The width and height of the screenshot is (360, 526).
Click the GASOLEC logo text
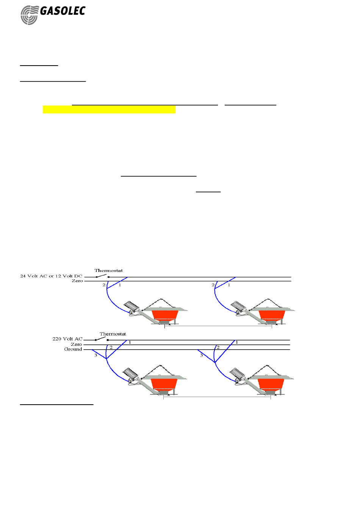(x=63, y=11)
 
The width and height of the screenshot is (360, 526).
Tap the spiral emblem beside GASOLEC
(x=29, y=16)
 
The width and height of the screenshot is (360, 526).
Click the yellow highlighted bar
(x=109, y=110)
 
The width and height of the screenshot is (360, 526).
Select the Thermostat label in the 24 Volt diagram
(x=109, y=270)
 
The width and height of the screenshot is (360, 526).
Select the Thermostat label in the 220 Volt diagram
(x=113, y=334)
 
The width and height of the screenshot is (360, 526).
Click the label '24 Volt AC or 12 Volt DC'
(x=51, y=276)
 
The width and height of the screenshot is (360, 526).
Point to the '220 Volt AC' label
(x=67, y=339)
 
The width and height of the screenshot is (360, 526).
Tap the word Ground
(x=73, y=349)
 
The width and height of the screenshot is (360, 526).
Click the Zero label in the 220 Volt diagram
(x=77, y=344)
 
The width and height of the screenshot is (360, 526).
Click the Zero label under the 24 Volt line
(x=77, y=281)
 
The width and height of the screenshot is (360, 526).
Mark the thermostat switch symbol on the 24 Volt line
(x=102, y=276)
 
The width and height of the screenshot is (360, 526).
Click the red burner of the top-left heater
(x=165, y=315)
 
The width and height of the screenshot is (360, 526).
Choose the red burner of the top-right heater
(x=272, y=315)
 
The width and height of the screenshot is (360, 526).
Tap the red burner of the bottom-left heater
(x=164, y=384)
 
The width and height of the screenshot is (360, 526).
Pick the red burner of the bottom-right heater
(x=271, y=384)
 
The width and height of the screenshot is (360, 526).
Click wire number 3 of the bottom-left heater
(x=96, y=355)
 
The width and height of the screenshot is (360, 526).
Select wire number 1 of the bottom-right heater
(x=237, y=342)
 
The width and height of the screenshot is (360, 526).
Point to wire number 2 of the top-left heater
(x=104, y=285)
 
